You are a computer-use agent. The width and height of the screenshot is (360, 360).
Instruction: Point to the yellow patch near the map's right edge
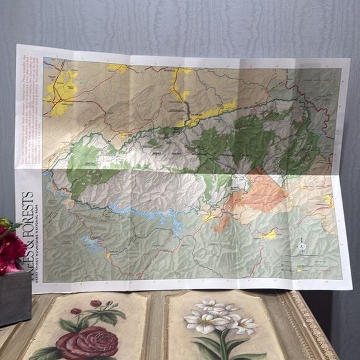(x=328, y=200)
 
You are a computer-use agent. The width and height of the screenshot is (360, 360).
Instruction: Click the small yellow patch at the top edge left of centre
(x=117, y=68)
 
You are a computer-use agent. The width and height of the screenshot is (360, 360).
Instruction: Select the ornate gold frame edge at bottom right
(x=323, y=335)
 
